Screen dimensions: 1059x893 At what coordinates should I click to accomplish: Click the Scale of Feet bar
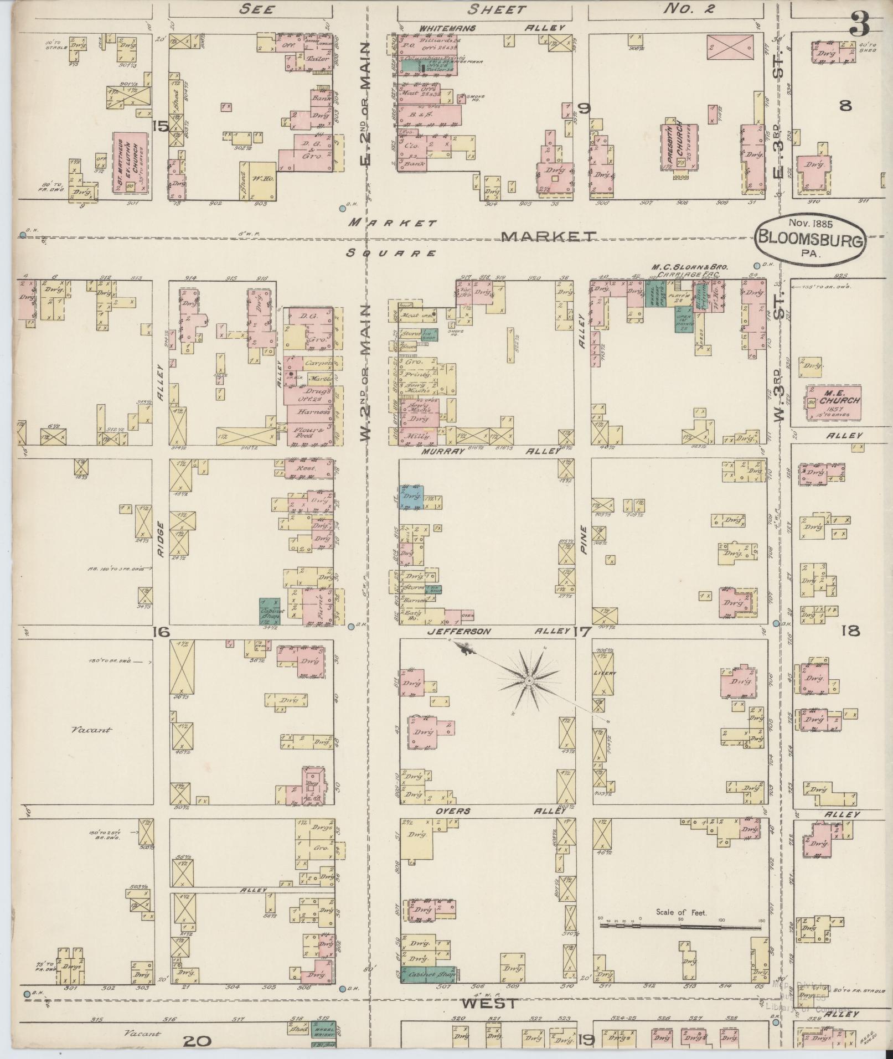pyautogui.click(x=680, y=925)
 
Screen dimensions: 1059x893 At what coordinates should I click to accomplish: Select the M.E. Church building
pyautogui.click(x=833, y=402)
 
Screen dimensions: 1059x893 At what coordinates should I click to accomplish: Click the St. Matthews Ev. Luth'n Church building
pyautogui.click(x=131, y=163)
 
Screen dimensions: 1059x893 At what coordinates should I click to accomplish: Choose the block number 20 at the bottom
pyautogui.click(x=197, y=1041)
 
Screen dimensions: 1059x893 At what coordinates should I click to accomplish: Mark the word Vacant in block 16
pyautogui.click(x=91, y=730)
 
